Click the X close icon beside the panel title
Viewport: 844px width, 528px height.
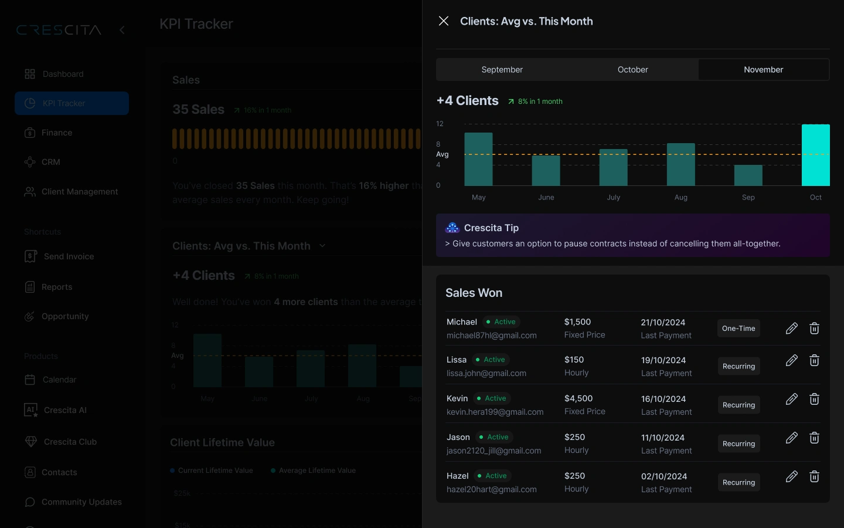point(444,21)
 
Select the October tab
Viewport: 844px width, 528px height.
point(632,69)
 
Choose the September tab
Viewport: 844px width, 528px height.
point(502,69)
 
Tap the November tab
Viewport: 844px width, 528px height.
point(763,69)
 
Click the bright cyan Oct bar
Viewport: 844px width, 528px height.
point(815,155)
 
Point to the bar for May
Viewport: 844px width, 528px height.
point(478,159)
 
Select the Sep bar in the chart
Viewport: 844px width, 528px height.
point(748,175)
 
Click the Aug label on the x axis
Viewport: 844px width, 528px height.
point(680,197)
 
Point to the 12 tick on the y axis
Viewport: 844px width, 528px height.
point(440,124)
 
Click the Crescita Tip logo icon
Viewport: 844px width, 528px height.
point(452,228)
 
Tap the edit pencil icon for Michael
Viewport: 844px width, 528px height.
point(791,328)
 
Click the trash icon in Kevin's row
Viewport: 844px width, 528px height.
point(814,399)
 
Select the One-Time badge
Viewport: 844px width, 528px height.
point(738,329)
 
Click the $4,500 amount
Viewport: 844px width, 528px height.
point(578,398)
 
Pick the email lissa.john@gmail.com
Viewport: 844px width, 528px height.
point(486,373)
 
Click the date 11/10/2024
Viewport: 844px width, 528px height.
point(663,438)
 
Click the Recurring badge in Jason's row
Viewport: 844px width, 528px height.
point(738,444)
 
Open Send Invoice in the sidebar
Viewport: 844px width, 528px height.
point(69,256)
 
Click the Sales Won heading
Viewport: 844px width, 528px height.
point(474,293)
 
